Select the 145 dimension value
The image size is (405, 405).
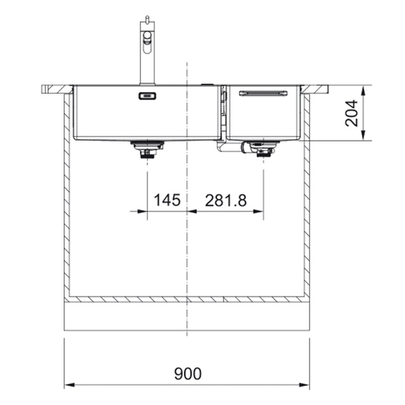(167, 201)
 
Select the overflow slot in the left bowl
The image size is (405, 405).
(147, 97)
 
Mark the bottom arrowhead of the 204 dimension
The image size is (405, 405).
(364, 137)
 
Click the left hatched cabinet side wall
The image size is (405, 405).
(66, 197)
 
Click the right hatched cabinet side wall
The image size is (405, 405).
(308, 197)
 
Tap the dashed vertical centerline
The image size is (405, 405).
(187, 252)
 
